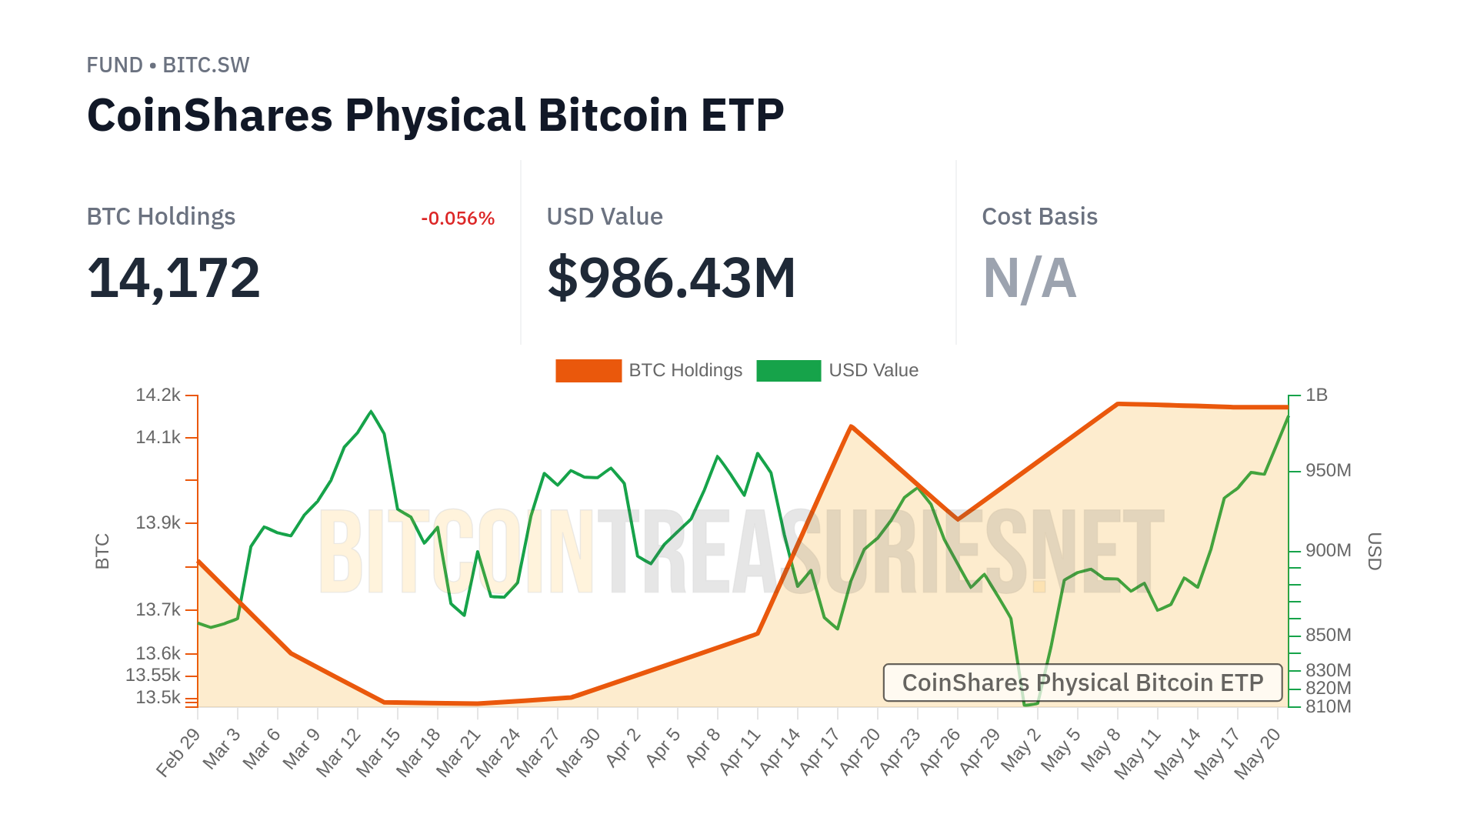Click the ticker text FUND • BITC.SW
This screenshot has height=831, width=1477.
click(x=168, y=65)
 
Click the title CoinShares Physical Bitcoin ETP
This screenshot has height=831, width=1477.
click(x=435, y=115)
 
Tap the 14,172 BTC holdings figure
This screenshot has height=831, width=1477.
click(x=174, y=278)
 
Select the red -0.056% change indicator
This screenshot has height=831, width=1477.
click(x=458, y=219)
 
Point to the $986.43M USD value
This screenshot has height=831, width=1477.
click(x=671, y=278)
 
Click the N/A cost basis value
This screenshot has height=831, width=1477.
click(x=1029, y=278)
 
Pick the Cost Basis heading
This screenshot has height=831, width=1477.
click(x=1039, y=217)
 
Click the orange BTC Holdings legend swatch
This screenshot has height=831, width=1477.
click(x=588, y=371)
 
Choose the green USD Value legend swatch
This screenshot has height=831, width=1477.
click(x=789, y=371)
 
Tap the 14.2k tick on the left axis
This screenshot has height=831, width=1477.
click(x=158, y=395)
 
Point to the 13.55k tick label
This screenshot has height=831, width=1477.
click(x=153, y=676)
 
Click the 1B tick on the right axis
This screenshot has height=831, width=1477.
click(x=1316, y=395)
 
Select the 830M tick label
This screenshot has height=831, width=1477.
click(x=1328, y=670)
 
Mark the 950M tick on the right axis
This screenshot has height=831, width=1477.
click(x=1328, y=470)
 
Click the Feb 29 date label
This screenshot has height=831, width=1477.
click(x=178, y=753)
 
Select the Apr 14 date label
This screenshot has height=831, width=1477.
click(x=780, y=753)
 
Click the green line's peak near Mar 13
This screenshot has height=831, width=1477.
click(x=372, y=412)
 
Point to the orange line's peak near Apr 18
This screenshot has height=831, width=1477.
click(x=851, y=426)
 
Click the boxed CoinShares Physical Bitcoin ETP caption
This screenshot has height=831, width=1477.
click(x=1082, y=682)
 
